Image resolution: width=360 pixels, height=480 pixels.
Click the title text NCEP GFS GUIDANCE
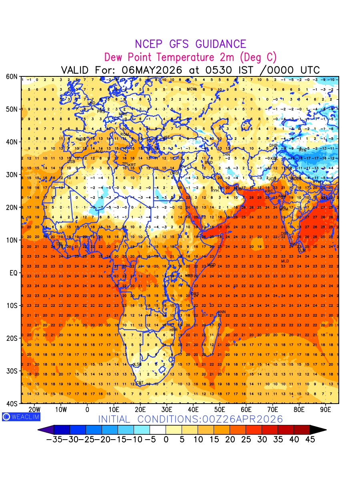(x=190, y=44)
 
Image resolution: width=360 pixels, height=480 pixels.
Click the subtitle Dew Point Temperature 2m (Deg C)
(x=190, y=57)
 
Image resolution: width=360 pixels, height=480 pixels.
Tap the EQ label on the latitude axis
(x=13, y=273)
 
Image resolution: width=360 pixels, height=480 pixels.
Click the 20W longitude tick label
(x=34, y=410)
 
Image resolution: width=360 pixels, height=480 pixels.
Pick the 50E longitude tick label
(x=220, y=410)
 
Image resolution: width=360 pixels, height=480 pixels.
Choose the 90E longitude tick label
(x=326, y=410)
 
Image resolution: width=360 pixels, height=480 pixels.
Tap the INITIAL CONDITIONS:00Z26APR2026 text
(x=190, y=419)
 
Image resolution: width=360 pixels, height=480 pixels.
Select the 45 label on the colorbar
(x=310, y=440)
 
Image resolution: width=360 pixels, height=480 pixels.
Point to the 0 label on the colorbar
(x=166, y=440)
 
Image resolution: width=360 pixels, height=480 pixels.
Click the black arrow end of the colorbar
(x=318, y=430)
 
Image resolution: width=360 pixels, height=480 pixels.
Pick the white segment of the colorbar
(x=158, y=430)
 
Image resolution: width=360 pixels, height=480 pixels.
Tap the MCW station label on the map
(x=192, y=89)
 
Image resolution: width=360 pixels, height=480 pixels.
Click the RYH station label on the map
(x=215, y=190)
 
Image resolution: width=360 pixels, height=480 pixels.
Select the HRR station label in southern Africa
(x=173, y=330)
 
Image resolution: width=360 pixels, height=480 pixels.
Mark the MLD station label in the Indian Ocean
(x=285, y=261)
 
